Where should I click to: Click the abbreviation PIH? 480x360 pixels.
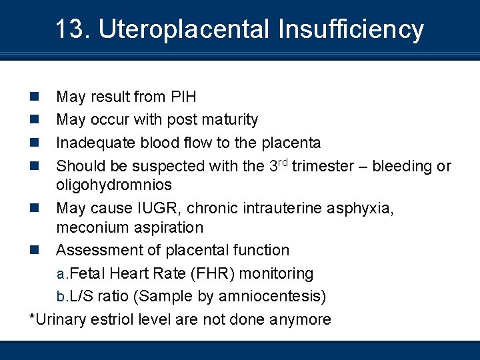(x=183, y=97)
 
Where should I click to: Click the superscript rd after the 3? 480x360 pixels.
(x=283, y=161)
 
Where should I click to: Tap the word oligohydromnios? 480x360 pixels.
(x=114, y=185)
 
